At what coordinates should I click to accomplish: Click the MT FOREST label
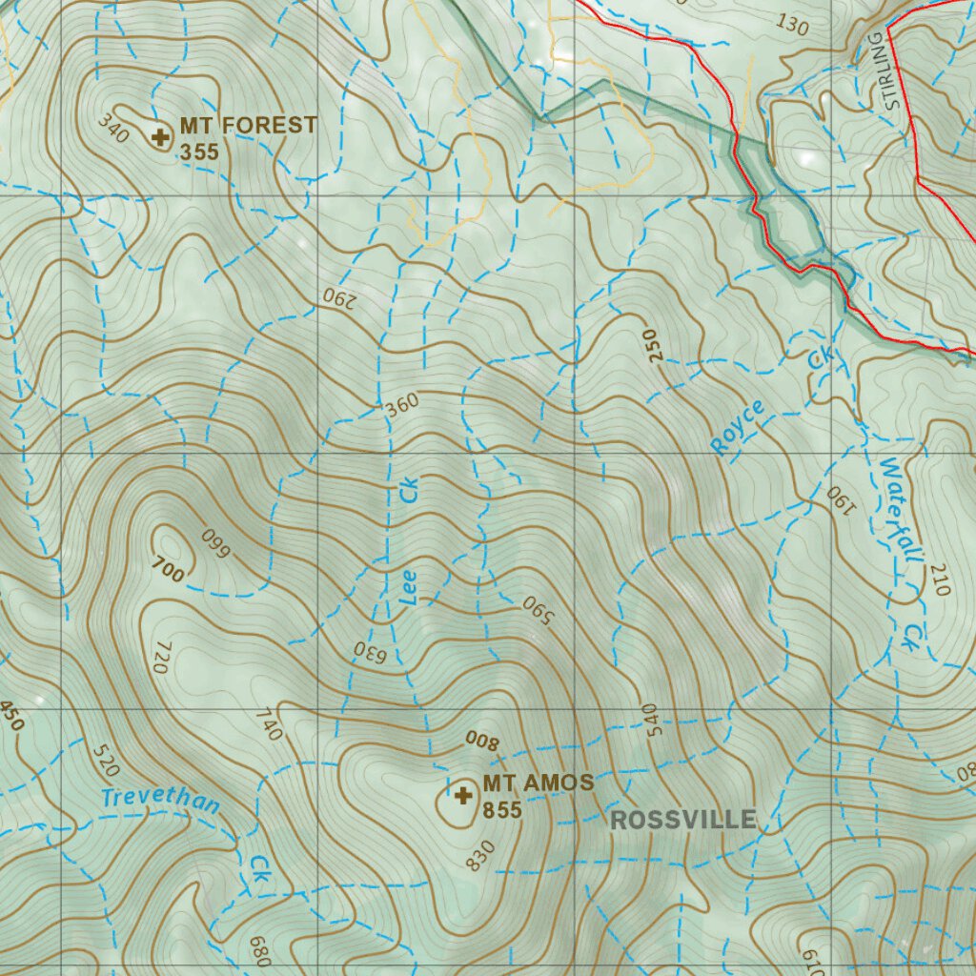click(x=248, y=125)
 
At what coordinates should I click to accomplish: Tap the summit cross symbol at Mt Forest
click(x=161, y=137)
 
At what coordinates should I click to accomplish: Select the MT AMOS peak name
click(x=538, y=783)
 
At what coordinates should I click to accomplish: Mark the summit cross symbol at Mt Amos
click(x=463, y=795)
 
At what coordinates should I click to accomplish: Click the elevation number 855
click(x=502, y=810)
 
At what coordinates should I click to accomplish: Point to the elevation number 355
click(x=199, y=152)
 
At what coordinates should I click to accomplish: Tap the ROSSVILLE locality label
click(x=683, y=820)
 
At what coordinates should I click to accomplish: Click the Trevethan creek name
click(x=160, y=800)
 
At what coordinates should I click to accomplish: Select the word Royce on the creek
click(x=738, y=426)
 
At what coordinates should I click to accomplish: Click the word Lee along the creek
click(x=407, y=588)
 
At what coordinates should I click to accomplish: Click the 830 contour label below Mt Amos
click(x=480, y=855)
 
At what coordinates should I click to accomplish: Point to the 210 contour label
click(x=937, y=579)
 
